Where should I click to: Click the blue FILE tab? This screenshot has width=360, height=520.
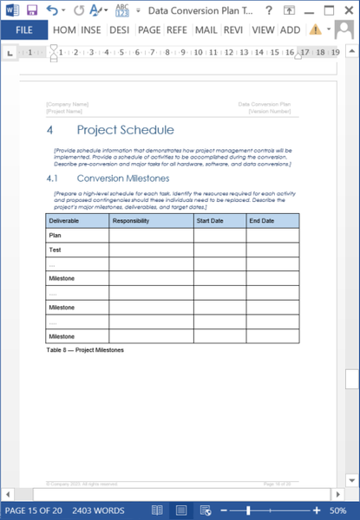click(x=24, y=29)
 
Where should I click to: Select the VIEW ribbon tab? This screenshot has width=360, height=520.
click(x=263, y=29)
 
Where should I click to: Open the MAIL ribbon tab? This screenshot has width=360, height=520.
click(x=206, y=29)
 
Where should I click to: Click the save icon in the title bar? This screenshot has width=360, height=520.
click(x=31, y=10)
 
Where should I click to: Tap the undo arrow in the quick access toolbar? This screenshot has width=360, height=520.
click(x=52, y=10)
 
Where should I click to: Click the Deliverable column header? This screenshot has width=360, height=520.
click(x=64, y=221)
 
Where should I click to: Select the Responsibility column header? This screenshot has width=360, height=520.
click(x=131, y=221)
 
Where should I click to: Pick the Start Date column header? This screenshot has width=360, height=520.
click(x=211, y=221)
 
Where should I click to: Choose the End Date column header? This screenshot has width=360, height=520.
click(x=261, y=221)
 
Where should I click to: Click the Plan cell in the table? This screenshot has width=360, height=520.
click(x=56, y=235)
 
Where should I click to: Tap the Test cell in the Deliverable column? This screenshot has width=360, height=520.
click(x=56, y=250)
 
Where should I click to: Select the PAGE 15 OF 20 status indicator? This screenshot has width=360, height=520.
click(x=33, y=510)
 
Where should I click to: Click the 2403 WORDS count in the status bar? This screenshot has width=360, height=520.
click(x=97, y=510)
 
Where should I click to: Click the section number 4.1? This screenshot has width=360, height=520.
click(x=52, y=178)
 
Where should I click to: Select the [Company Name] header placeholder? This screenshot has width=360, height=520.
click(x=68, y=104)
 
